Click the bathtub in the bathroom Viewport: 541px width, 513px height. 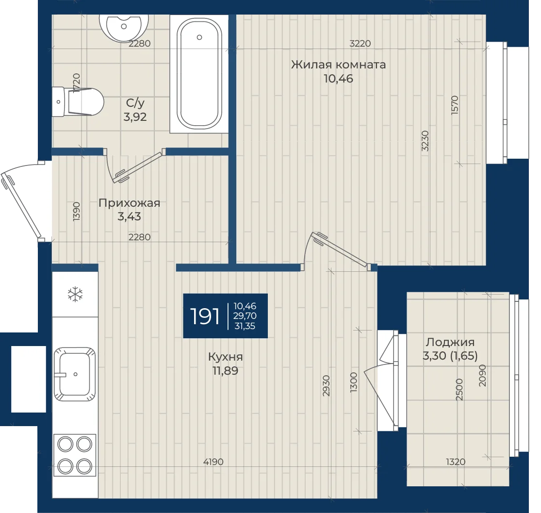point(199,74)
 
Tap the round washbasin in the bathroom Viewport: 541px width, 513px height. point(124,27)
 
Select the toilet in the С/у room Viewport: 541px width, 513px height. point(78,101)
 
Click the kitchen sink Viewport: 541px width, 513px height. point(75,374)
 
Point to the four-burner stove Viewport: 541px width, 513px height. point(75,455)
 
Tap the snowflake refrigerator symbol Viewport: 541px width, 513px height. point(75,295)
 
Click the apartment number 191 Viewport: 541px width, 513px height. point(205,316)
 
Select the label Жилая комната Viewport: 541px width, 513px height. point(338,65)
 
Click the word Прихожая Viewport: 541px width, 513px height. point(130,203)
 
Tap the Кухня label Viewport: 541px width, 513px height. point(225,357)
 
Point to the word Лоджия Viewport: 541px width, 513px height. point(450,342)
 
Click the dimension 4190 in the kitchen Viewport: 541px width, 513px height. point(213,462)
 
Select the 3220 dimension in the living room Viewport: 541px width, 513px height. point(360,44)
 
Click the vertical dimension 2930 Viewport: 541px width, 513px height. point(326,385)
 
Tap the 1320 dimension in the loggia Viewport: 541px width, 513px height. point(456,462)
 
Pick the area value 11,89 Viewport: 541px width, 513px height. point(225,371)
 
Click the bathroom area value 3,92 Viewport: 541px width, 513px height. point(135,116)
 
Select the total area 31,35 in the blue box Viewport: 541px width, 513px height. point(245,326)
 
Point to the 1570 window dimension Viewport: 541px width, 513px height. point(455,105)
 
